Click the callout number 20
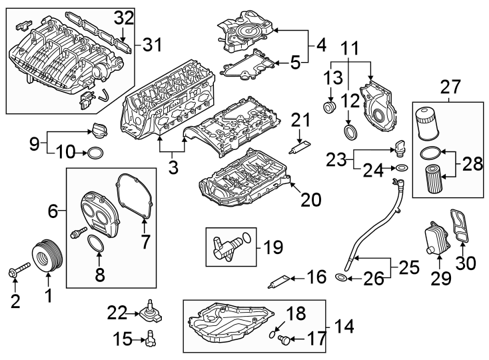pyautogui.click(x=311, y=199)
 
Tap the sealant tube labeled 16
pyautogui.click(x=280, y=281)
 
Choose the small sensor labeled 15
pyautogui.click(x=152, y=339)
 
